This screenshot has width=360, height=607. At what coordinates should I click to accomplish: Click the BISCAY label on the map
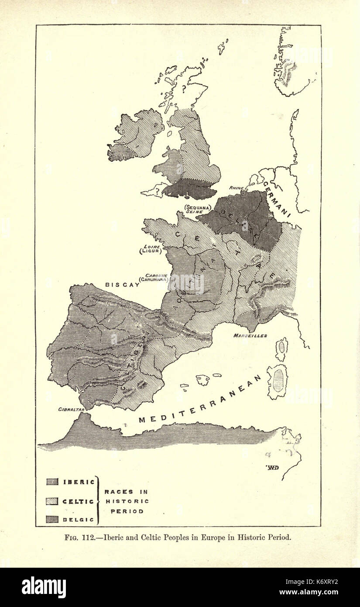(122, 284)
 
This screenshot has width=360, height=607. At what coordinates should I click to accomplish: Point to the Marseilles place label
(250, 335)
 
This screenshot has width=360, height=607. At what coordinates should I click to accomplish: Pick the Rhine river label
(236, 188)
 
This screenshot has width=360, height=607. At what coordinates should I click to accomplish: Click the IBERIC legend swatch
(52, 482)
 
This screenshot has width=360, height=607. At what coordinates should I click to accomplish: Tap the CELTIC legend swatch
(52, 501)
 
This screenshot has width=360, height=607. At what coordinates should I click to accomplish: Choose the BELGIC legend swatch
(52, 519)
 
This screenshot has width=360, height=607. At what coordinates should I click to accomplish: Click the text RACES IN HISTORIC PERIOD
(127, 501)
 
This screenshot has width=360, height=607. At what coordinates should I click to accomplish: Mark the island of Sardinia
(278, 381)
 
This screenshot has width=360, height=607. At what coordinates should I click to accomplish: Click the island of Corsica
(281, 348)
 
